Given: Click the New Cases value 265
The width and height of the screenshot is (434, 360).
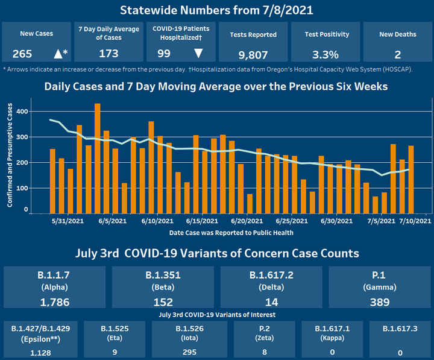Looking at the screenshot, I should (x=22, y=54).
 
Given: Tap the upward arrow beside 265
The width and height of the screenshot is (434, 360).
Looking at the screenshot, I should (x=58, y=54).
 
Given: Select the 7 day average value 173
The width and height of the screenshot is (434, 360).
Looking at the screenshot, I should (x=108, y=54).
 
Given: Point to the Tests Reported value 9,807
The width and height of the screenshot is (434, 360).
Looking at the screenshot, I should (x=253, y=55).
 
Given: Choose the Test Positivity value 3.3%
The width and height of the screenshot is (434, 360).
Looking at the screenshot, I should (x=325, y=54).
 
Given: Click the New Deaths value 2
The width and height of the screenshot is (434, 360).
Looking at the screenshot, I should (x=397, y=54).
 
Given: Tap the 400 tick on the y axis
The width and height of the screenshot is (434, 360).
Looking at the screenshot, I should (x=22, y=112).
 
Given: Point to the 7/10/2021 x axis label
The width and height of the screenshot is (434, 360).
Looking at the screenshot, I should (x=415, y=221).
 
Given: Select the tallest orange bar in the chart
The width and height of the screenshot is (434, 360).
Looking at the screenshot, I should (x=98, y=159).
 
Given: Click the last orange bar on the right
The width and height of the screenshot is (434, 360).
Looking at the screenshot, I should (x=411, y=180).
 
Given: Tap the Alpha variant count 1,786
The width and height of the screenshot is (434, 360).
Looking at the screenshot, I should (x=55, y=302).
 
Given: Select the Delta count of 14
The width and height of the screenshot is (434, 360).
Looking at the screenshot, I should (x=271, y=302).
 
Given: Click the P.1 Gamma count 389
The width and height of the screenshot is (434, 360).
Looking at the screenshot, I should (x=379, y=302).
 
